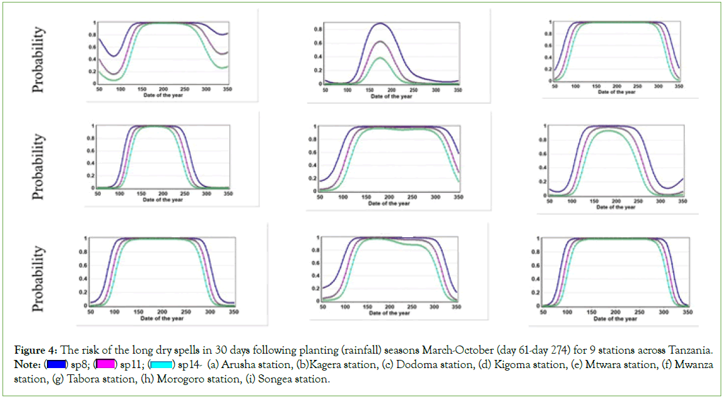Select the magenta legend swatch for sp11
point(105,364)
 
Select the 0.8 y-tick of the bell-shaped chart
point(318,29)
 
